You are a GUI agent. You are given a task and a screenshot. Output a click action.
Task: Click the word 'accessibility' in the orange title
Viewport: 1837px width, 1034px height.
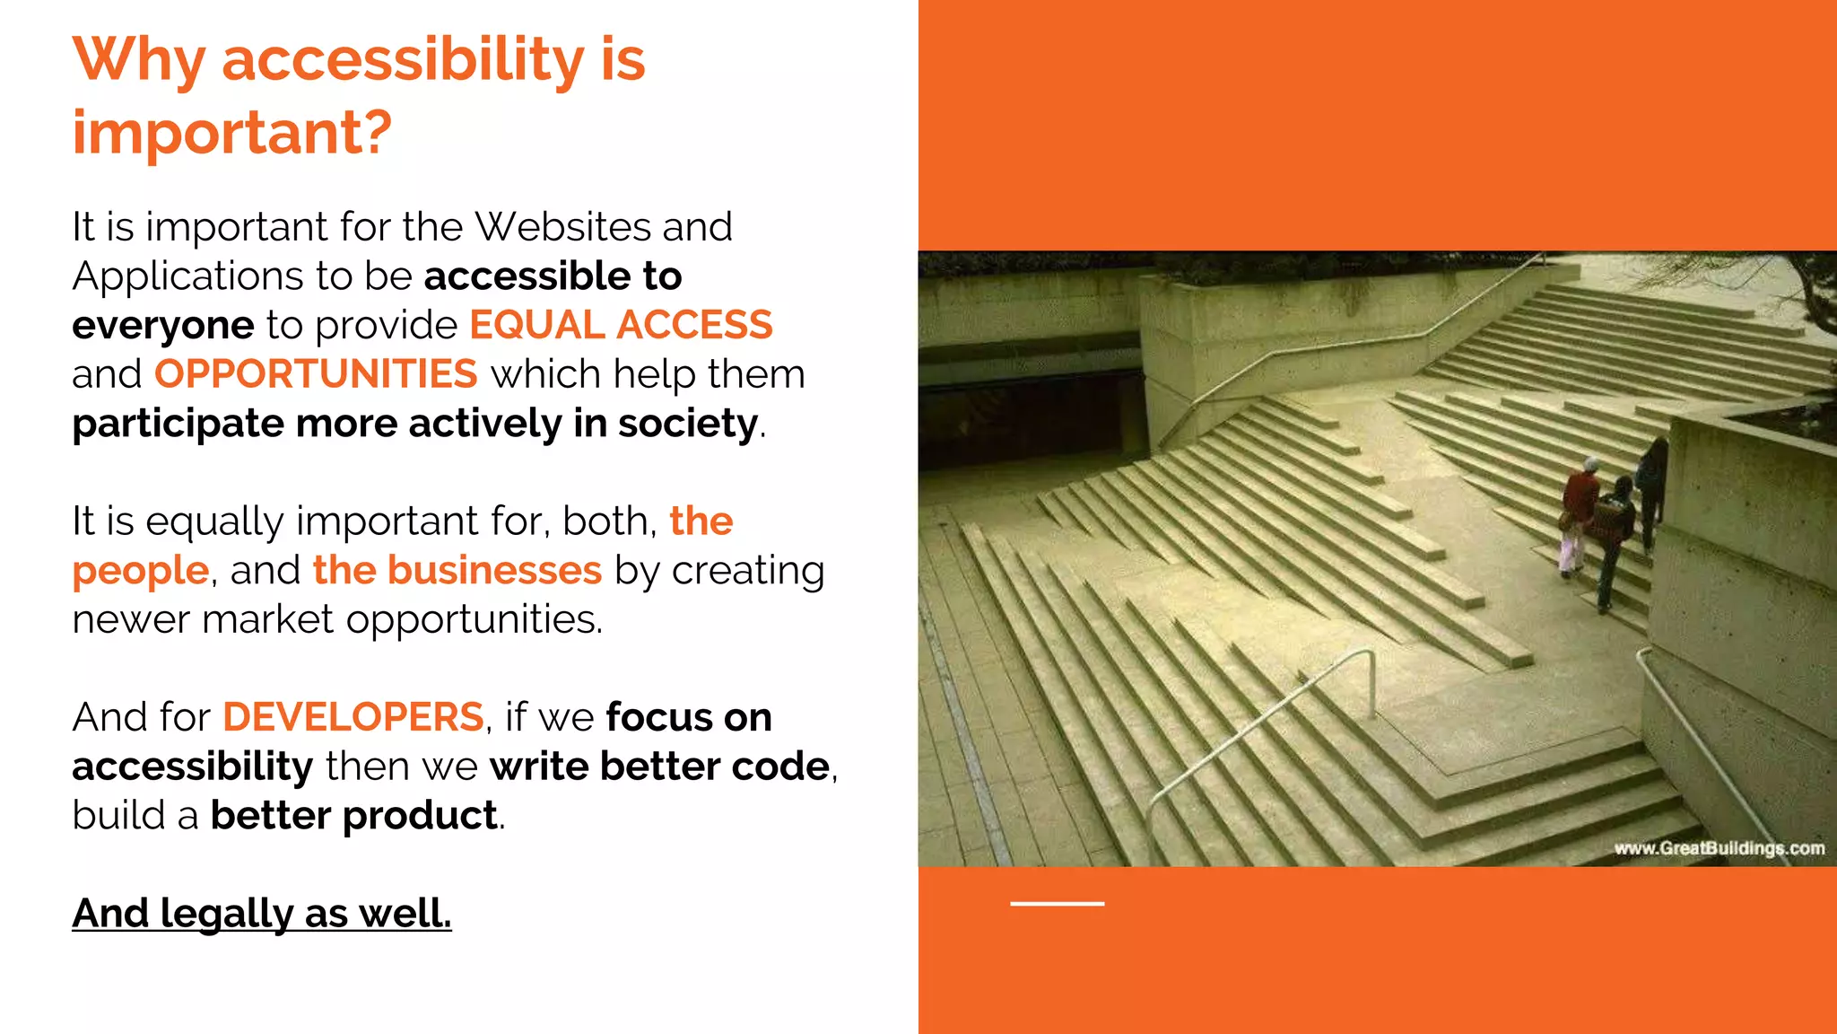pyautogui.click(x=403, y=61)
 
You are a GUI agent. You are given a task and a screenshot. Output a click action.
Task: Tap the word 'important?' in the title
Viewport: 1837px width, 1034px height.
pyautogui.click(x=232, y=133)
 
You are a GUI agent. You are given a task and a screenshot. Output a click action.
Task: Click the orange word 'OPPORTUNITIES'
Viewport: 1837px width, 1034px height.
pyautogui.click(x=316, y=374)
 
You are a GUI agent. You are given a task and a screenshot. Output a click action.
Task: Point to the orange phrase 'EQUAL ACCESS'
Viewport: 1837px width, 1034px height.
pyautogui.click(x=621, y=325)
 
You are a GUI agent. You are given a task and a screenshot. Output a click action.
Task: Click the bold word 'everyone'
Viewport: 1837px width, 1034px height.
pyautogui.click(x=163, y=326)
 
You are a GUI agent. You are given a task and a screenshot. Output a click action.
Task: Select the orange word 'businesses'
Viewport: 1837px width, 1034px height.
pyautogui.click(x=494, y=571)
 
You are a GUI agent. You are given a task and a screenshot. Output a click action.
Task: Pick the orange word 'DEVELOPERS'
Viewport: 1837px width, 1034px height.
pyautogui.click(x=353, y=718)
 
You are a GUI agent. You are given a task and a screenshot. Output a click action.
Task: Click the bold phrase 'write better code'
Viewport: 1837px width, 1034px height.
pyautogui.click(x=659, y=767)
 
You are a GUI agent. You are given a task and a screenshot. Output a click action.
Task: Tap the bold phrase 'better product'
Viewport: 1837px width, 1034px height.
pyautogui.click(x=353, y=816)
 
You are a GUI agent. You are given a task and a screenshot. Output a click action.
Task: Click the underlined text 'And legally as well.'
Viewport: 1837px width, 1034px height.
pyautogui.click(x=262, y=914)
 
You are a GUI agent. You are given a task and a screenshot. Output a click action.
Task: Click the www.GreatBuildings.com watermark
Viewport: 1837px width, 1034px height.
pyautogui.click(x=1719, y=848)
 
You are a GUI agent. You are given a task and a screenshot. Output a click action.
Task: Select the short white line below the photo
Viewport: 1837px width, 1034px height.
pyautogui.click(x=1057, y=903)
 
